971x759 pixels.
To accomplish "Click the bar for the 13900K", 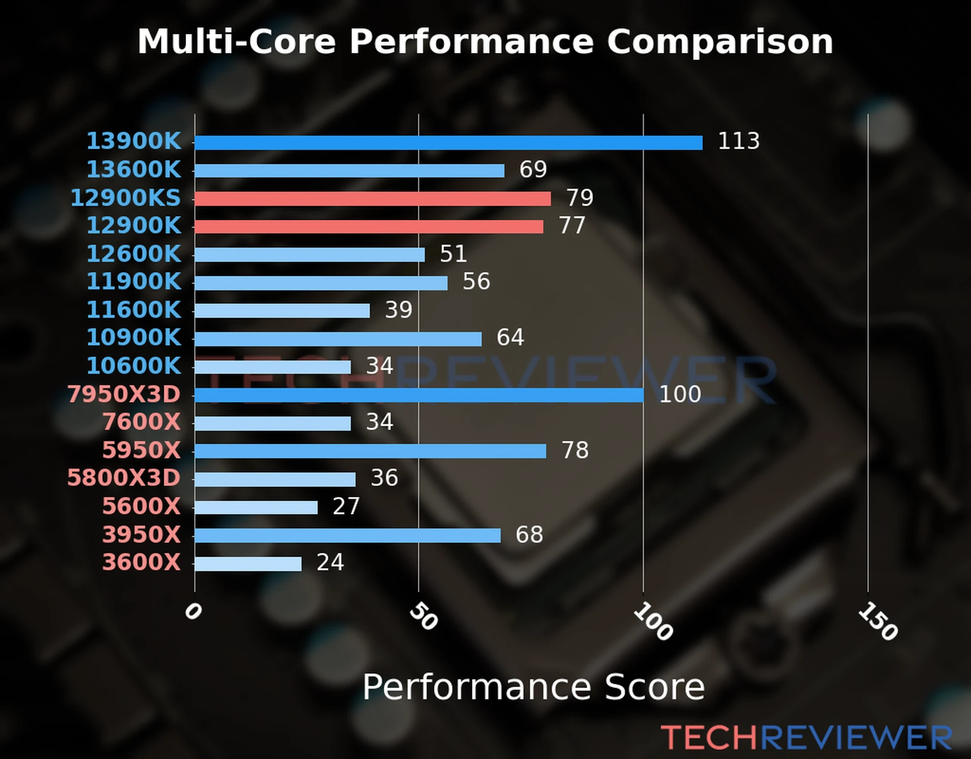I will tap(448, 142).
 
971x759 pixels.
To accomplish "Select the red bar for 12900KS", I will tap(372, 199).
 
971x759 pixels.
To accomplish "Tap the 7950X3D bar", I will tap(418, 395).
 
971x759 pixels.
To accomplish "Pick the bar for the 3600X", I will tap(248, 564).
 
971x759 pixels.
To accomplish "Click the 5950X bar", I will tap(370, 451).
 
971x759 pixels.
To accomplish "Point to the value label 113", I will tap(738, 141).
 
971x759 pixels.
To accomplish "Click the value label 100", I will tap(680, 395).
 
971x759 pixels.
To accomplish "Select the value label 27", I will tap(346, 507).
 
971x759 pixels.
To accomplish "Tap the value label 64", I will tap(510, 338).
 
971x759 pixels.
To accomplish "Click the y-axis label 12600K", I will tap(133, 254).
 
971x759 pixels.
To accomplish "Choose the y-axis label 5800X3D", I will tap(124, 478).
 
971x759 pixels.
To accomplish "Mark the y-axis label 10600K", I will tap(133, 366).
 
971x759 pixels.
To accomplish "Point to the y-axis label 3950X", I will tap(141, 535).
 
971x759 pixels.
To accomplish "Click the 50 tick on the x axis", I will tap(423, 617).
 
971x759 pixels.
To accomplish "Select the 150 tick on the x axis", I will tap(877, 622).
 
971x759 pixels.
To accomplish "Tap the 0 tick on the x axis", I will tap(193, 612).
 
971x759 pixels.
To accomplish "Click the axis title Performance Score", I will tap(533, 688).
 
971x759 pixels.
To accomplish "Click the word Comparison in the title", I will tap(720, 42).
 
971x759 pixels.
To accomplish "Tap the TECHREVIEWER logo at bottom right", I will tap(806, 738).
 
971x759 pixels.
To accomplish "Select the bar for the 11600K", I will tap(282, 311).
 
